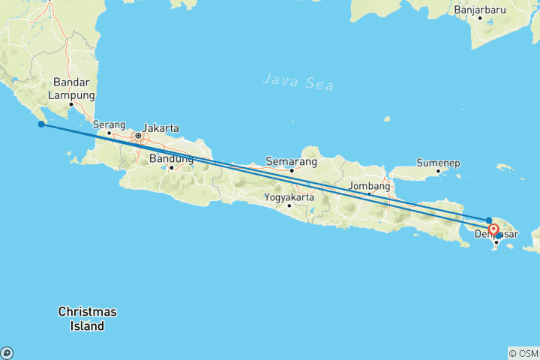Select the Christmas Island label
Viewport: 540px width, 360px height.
click(x=88, y=318)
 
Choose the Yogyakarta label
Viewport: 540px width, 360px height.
click(x=289, y=198)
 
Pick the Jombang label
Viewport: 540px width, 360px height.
click(x=370, y=185)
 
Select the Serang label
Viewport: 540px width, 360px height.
click(x=109, y=124)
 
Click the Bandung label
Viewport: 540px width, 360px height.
click(x=172, y=158)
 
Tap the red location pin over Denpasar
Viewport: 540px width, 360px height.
click(x=493, y=230)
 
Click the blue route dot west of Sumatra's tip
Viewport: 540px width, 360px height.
click(x=41, y=124)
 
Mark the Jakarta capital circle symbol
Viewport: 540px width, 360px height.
click(x=138, y=136)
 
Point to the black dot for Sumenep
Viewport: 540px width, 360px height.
click(x=439, y=171)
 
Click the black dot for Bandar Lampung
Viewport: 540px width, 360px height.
click(x=71, y=104)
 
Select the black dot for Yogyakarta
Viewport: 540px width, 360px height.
click(x=289, y=205)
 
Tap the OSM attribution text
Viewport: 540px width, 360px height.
click(x=523, y=352)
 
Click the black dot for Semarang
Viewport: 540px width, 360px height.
click(x=292, y=170)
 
